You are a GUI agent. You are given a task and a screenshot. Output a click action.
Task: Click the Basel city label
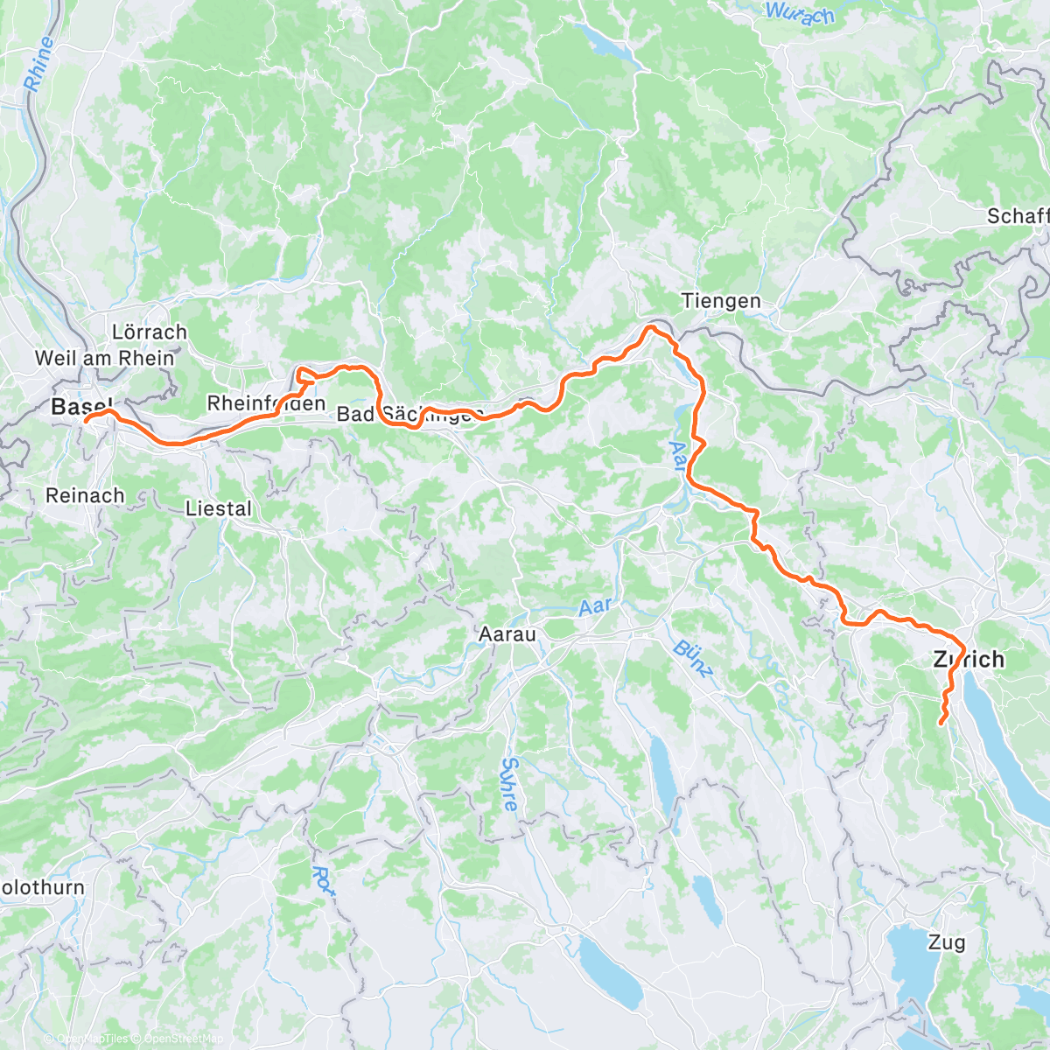click(81, 407)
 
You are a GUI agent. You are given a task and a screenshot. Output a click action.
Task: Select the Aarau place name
click(507, 633)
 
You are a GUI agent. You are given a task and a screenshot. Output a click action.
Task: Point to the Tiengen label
click(721, 301)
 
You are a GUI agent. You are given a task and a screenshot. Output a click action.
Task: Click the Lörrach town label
click(150, 332)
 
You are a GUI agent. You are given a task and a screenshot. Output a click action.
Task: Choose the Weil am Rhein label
click(104, 358)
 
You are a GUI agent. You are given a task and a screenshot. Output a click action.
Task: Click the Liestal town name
click(218, 508)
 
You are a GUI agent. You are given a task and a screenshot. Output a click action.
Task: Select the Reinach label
click(85, 495)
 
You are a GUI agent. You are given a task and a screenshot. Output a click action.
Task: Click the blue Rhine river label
click(39, 66)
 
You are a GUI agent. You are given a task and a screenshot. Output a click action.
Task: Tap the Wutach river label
click(800, 13)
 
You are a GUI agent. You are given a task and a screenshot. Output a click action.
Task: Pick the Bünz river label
click(694, 661)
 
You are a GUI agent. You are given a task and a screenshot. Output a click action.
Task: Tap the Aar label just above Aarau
click(595, 607)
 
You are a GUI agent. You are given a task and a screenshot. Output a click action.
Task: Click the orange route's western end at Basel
click(87, 420)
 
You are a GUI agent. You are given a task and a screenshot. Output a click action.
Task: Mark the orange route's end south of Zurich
click(941, 723)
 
